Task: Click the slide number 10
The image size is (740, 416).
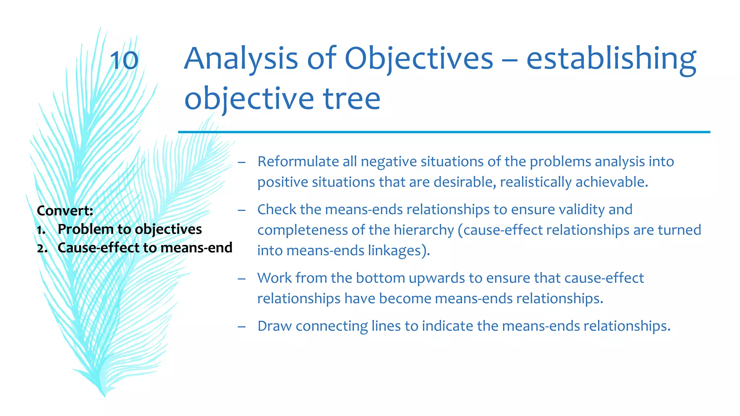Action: point(124,60)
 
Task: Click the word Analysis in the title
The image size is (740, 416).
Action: point(241,59)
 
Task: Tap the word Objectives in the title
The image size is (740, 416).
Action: point(418,59)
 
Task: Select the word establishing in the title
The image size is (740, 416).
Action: point(611,59)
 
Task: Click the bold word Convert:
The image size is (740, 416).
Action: point(65,211)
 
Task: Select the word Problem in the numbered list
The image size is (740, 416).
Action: point(86,229)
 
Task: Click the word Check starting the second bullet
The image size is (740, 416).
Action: point(276,209)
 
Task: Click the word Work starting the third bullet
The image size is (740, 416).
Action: point(274,278)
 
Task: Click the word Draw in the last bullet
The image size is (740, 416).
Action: point(274,326)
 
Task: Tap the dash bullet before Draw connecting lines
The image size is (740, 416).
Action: point(242,326)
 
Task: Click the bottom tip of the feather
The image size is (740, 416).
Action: point(104,395)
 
